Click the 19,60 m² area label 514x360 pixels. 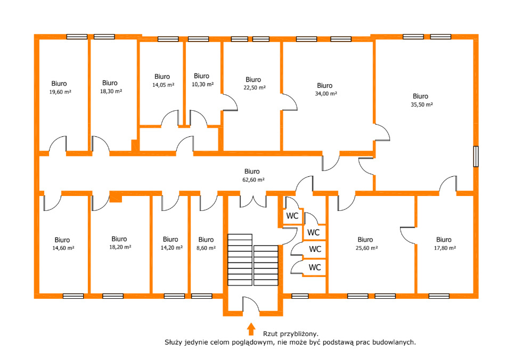pyautogui.click(x=60, y=92)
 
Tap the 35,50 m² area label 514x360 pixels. pyautogui.click(x=422, y=104)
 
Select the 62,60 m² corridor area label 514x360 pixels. pyautogui.click(x=254, y=179)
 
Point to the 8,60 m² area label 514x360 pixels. pyautogui.click(x=206, y=248)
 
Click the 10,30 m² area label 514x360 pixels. pyautogui.click(x=202, y=84)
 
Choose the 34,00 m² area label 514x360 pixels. pyautogui.click(x=326, y=93)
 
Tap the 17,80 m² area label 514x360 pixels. pyautogui.click(x=445, y=248)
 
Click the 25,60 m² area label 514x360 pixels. pyautogui.click(x=366, y=248)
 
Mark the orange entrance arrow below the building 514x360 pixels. pyautogui.click(x=251, y=329)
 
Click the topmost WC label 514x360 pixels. pyautogui.click(x=292, y=216)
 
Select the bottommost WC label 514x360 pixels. pyautogui.click(x=315, y=267)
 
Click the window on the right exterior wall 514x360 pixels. pyautogui.click(x=476, y=157)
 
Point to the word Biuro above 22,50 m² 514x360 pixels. pyautogui.click(x=254, y=80)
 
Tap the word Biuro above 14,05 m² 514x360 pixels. pyautogui.click(x=162, y=77)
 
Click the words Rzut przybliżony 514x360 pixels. pyautogui.click(x=291, y=334)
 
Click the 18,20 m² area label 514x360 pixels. pyautogui.click(x=120, y=247)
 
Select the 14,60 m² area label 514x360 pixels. pyautogui.click(x=63, y=248)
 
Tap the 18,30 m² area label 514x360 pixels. pyautogui.click(x=111, y=92)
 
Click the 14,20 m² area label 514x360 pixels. pyautogui.click(x=172, y=248)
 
